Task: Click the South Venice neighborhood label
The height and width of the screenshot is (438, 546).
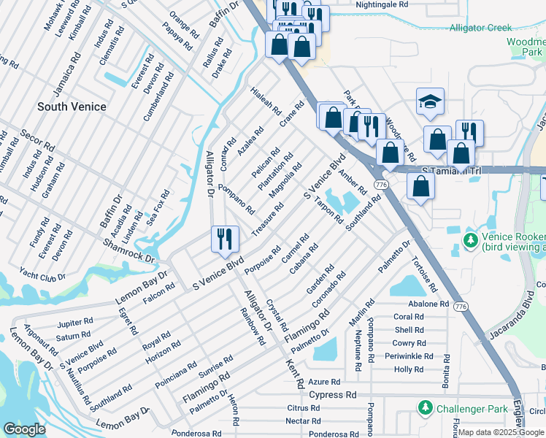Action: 72,107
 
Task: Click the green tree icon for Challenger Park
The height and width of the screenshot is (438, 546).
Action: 423,408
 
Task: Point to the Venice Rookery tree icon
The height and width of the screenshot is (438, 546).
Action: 472,240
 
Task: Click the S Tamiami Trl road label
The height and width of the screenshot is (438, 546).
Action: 452,170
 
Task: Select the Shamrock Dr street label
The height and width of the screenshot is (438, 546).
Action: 130,253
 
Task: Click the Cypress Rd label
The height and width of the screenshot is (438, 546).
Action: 332,395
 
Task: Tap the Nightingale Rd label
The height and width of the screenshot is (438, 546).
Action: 382,4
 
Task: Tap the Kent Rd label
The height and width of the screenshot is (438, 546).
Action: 296,372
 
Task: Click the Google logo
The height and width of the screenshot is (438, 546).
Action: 24,429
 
